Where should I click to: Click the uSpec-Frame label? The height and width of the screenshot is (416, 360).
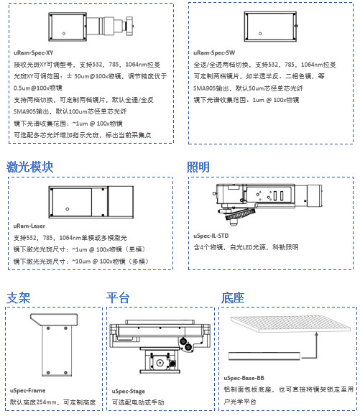(x=28, y=390)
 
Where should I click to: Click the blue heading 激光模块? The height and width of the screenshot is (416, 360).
(x=30, y=167)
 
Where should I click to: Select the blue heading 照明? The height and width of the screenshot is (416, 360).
(x=198, y=167)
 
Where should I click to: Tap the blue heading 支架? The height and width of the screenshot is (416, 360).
(x=19, y=297)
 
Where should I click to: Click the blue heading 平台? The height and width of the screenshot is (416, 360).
(x=118, y=297)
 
